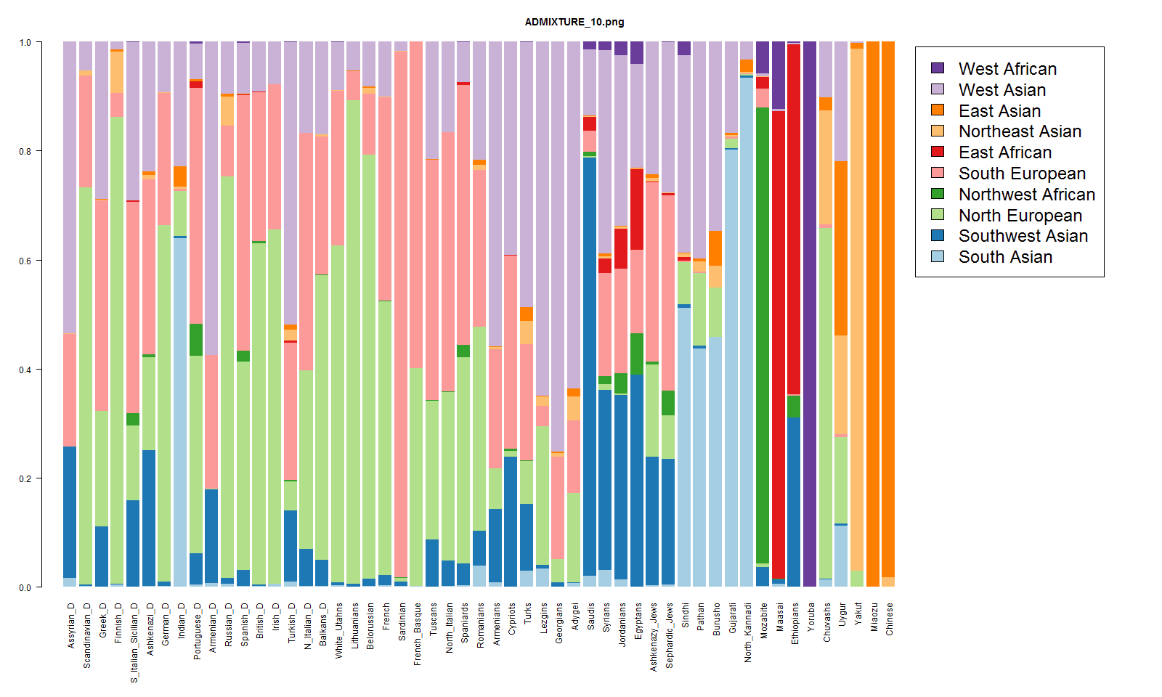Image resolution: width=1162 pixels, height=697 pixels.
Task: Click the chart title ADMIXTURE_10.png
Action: [574, 22]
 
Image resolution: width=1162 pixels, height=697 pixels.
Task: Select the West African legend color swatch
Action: [938, 68]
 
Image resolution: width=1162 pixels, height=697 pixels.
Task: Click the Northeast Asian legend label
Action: [1020, 131]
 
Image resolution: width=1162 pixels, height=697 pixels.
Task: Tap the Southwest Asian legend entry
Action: [1023, 236]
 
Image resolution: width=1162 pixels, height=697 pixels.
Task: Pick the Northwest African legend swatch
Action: [938, 194]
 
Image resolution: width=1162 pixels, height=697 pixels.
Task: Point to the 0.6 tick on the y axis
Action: [25, 261]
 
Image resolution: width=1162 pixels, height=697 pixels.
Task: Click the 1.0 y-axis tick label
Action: [25, 43]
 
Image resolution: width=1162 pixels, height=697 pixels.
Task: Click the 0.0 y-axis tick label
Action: [25, 587]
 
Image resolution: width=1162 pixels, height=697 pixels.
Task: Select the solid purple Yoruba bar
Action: [810, 312]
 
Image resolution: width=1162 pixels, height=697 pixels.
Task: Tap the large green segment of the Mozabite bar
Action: [763, 334]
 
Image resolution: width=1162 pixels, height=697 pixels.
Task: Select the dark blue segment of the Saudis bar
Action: [590, 363]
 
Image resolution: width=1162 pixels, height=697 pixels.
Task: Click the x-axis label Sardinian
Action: [402, 621]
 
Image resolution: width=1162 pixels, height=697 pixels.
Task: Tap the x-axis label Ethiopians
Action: [795, 623]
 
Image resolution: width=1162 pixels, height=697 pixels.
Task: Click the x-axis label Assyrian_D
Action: [71, 625]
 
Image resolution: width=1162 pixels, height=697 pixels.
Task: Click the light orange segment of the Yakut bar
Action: [857, 305]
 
